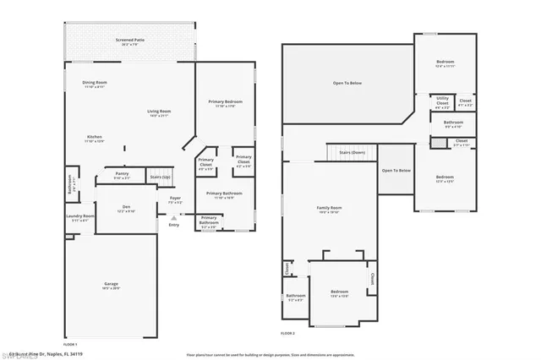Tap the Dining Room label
pyautogui.click(x=94, y=83)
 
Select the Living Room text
pyautogui.click(x=159, y=112)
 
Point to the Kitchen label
pyautogui.click(x=95, y=137)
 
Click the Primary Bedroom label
pyautogui.click(x=225, y=101)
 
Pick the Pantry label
pyautogui.click(x=123, y=175)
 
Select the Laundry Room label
pyautogui.click(x=80, y=216)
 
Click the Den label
pyautogui.click(x=125, y=208)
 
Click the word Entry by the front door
pyautogui.click(x=174, y=225)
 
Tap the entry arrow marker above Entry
pyautogui.click(x=174, y=217)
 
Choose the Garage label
pyautogui.click(x=111, y=284)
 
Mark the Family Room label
pyautogui.click(x=329, y=209)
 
